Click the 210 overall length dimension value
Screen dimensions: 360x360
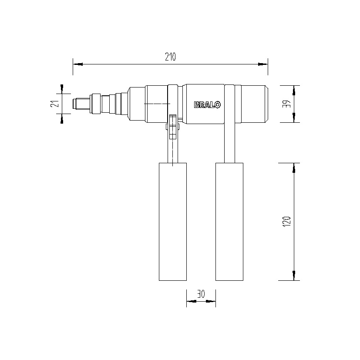[170, 57]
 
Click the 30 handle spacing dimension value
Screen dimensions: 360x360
[201, 294]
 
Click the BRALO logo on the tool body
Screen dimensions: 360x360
[207, 104]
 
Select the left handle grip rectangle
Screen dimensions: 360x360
[173, 222]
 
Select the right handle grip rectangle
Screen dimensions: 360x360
[229, 222]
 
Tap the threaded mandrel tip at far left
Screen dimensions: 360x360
[81, 104]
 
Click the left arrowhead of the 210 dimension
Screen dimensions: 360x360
[78, 64]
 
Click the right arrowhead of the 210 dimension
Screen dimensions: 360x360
[262, 64]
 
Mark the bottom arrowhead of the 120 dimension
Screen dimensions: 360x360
[295, 275]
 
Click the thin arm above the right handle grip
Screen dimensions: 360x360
[230, 144]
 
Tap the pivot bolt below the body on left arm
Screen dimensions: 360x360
[173, 126]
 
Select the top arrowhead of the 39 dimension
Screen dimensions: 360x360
[295, 91]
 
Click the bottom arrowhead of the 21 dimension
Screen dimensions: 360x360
[62, 118]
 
